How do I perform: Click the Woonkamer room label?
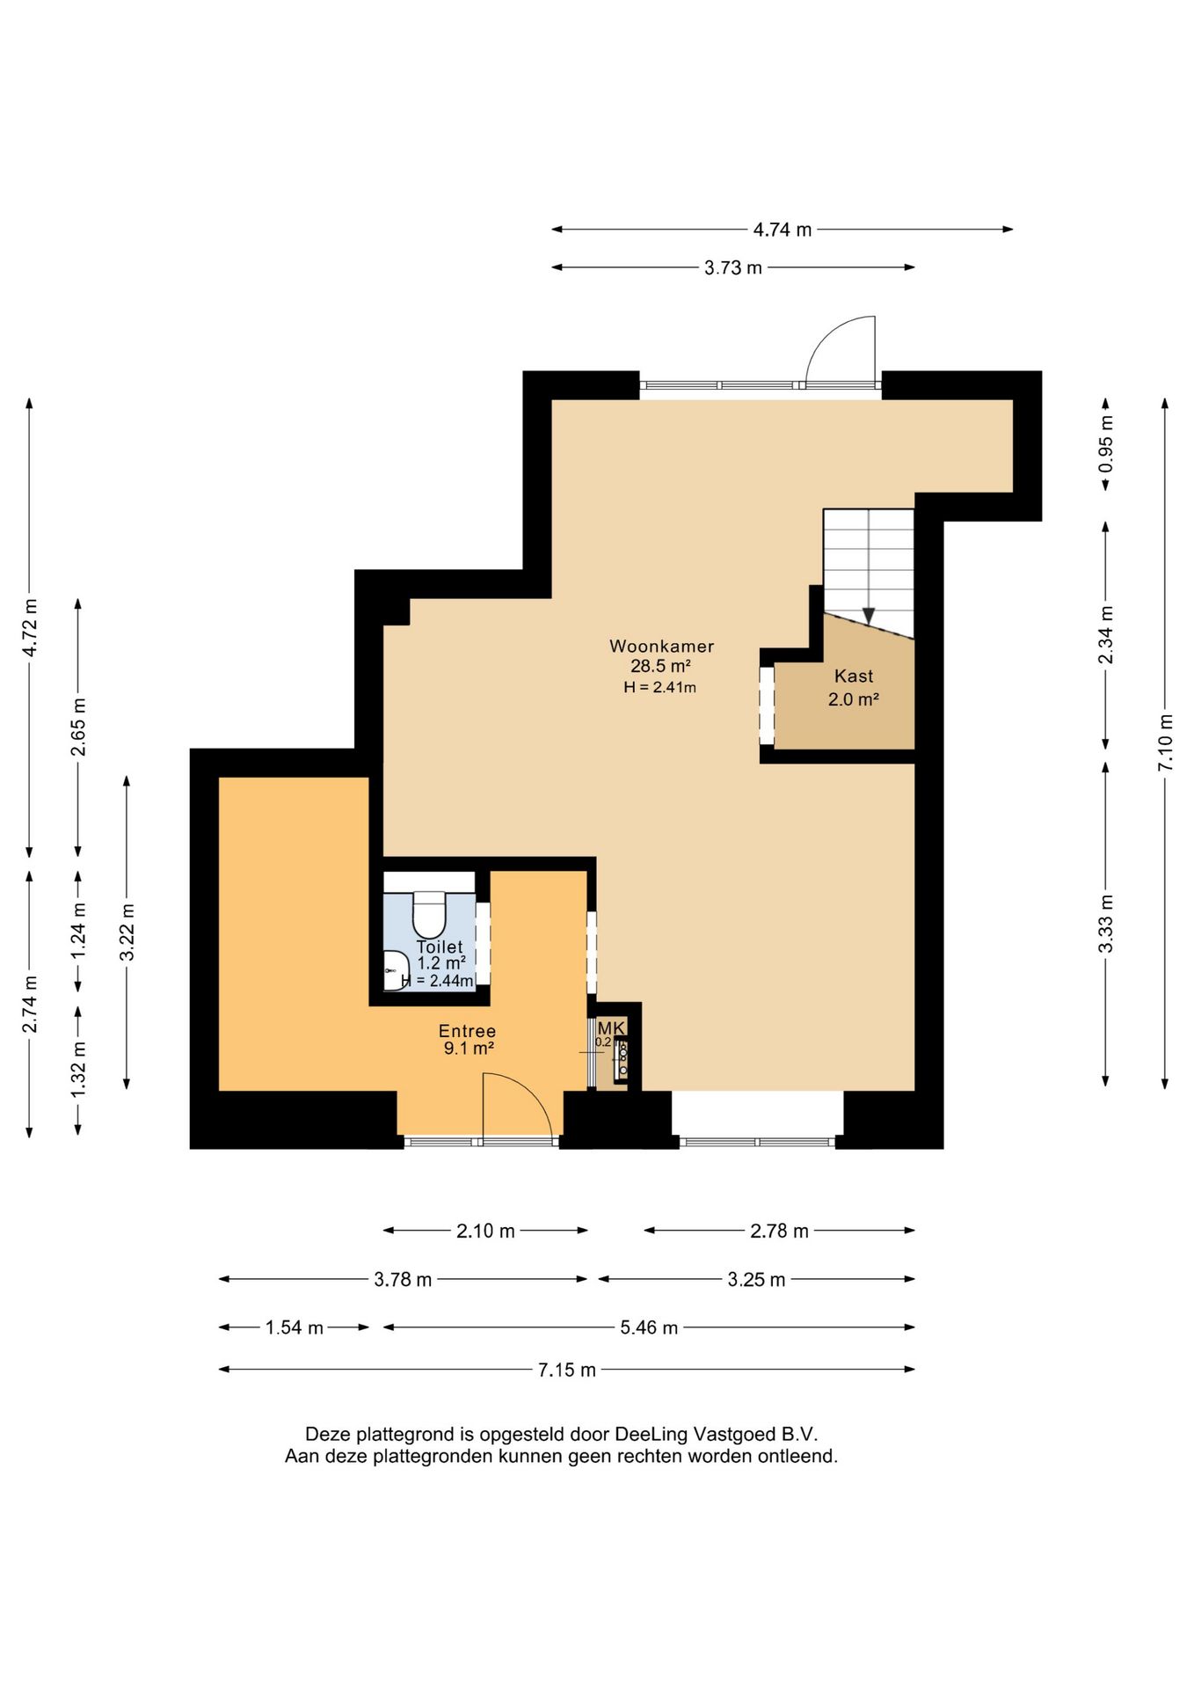(x=661, y=647)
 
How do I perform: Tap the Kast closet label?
(x=854, y=676)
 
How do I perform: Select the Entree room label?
(x=468, y=1031)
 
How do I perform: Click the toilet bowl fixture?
(x=430, y=915)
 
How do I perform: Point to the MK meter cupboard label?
(x=611, y=1027)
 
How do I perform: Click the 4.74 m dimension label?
(x=783, y=230)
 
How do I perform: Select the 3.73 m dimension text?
(x=733, y=267)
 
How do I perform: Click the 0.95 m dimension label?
(x=1106, y=443)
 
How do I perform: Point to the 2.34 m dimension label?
(x=1106, y=635)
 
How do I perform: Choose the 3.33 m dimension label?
(x=1106, y=924)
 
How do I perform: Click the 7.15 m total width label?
(x=567, y=1370)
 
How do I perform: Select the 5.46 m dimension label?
(x=649, y=1327)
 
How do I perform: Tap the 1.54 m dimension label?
(x=295, y=1327)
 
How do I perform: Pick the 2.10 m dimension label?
(x=485, y=1231)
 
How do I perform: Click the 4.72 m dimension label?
(x=30, y=627)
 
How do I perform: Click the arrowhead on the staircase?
(x=869, y=616)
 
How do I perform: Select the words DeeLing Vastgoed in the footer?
(x=695, y=1435)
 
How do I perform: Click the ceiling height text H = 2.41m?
(x=659, y=688)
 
